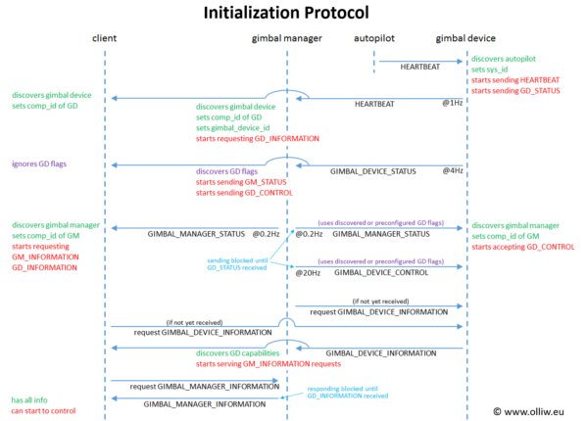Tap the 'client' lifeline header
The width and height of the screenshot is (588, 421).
click(x=105, y=38)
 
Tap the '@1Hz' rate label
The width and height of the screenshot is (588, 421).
click(x=452, y=103)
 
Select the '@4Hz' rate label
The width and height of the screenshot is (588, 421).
click(x=452, y=170)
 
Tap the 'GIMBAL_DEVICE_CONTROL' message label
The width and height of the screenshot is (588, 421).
click(x=382, y=272)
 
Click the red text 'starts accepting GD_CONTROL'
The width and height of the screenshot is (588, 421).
click(x=523, y=248)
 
